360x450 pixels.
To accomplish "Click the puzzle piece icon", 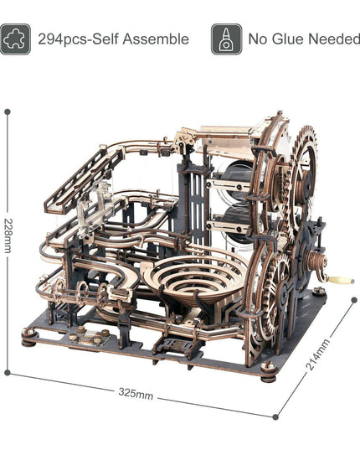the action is (x=15, y=39).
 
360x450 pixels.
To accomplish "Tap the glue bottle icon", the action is (x=226, y=39).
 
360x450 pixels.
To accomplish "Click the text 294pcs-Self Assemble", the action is (x=114, y=39).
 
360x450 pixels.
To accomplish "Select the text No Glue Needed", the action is (x=304, y=39).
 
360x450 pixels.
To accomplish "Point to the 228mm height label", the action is (x=8, y=235).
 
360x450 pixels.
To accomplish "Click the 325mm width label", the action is (x=136, y=393).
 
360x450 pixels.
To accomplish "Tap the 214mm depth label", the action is (x=318, y=354).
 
